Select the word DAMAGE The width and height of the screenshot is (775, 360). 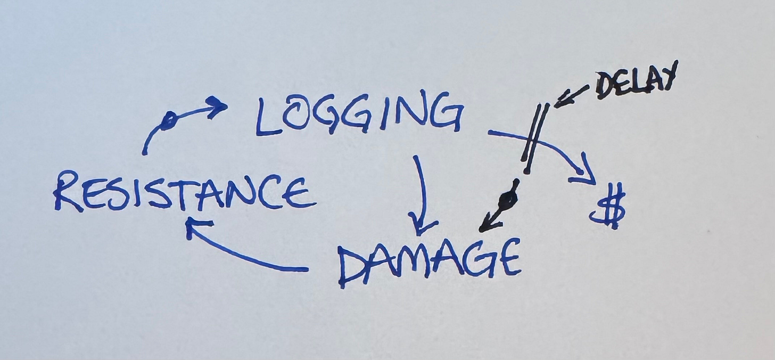click(428, 261)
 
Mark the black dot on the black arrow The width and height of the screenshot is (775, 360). click(509, 200)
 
